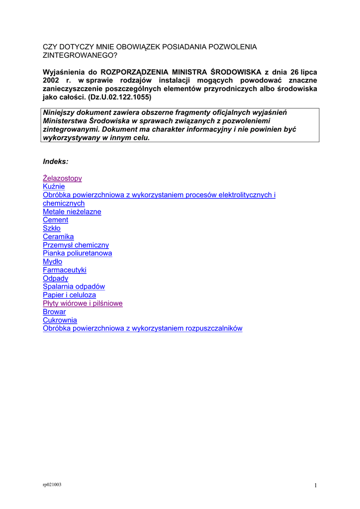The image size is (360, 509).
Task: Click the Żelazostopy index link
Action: (x=62, y=178)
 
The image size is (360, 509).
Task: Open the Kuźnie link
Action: (x=54, y=186)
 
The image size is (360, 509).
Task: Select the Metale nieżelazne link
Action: (x=72, y=212)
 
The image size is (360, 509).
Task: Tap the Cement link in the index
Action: (x=55, y=220)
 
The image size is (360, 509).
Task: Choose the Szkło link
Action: (x=52, y=228)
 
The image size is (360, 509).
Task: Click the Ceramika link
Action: (x=58, y=237)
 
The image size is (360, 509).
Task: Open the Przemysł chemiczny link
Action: (x=76, y=245)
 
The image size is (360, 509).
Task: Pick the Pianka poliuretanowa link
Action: (x=77, y=253)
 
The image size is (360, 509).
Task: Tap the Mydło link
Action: (x=52, y=261)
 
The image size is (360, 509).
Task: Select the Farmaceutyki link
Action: (x=65, y=270)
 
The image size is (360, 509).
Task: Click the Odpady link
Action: (x=55, y=278)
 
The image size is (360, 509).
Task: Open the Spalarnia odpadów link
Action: (x=74, y=287)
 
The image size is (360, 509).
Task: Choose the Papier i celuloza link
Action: (x=69, y=295)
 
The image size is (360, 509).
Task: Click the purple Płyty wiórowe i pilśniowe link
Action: (x=83, y=303)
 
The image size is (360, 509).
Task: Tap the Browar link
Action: (x=54, y=312)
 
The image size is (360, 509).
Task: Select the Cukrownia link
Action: (x=60, y=320)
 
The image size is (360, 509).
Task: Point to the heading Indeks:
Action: (x=56, y=162)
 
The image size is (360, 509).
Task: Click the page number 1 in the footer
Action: (x=315, y=486)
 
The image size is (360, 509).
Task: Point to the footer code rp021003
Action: (x=52, y=484)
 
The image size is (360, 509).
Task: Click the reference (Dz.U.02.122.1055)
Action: (x=119, y=97)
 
